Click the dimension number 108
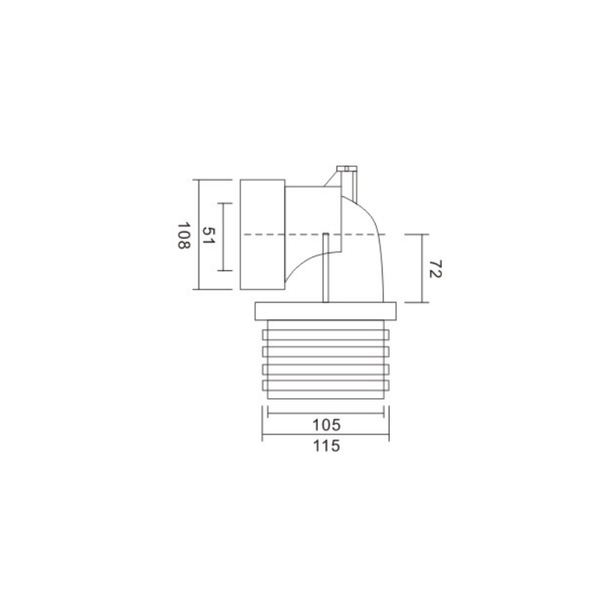coord(184,236)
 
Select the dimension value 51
coord(207,236)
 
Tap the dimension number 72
coord(435,269)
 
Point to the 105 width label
coord(326,425)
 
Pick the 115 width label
coord(326,447)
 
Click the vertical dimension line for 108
coord(199,234)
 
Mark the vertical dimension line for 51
coord(223,237)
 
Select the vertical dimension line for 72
coord(422,268)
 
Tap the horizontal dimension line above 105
coord(326,413)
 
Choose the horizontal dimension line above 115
coord(326,434)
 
